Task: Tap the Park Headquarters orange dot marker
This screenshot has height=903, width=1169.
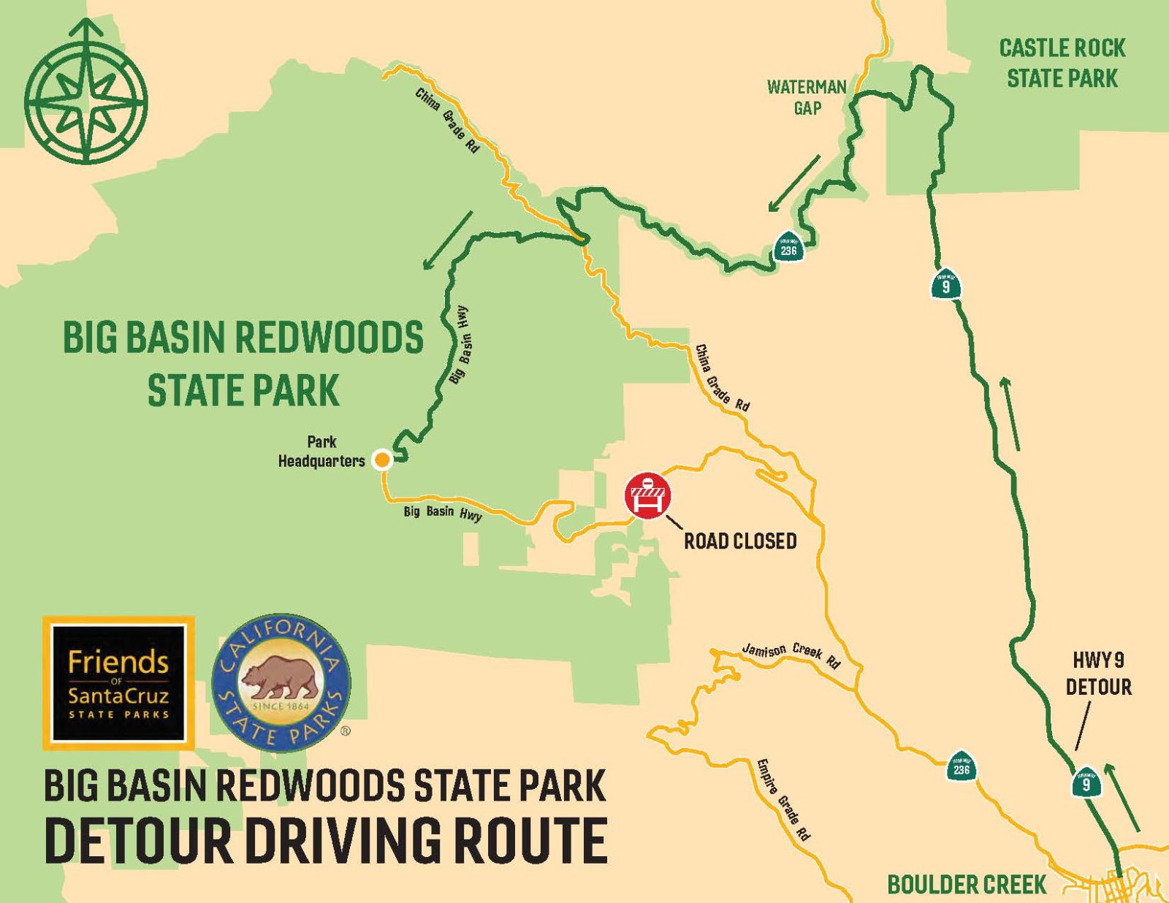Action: pyautogui.click(x=381, y=460)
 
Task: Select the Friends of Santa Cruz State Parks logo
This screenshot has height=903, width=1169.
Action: pyautogui.click(x=118, y=682)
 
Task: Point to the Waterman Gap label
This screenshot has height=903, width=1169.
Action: pyautogui.click(x=807, y=97)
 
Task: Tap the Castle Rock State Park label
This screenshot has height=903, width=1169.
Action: pyautogui.click(x=1062, y=64)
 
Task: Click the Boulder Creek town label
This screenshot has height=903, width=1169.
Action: pyautogui.click(x=967, y=885)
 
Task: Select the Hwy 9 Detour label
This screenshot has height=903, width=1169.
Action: pyautogui.click(x=1098, y=674)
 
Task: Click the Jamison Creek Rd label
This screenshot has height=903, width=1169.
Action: pyautogui.click(x=791, y=655)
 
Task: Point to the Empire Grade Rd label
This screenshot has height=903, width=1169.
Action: pyautogui.click(x=783, y=798)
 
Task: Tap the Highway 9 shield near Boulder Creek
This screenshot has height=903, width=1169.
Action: pyautogui.click(x=1086, y=782)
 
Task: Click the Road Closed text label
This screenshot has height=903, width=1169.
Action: pyautogui.click(x=739, y=541)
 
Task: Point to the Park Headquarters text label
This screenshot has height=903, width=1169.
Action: pyautogui.click(x=322, y=451)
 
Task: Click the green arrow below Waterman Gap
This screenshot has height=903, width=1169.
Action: pyautogui.click(x=793, y=183)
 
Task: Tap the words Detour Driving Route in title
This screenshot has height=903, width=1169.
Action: pyautogui.click(x=326, y=839)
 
